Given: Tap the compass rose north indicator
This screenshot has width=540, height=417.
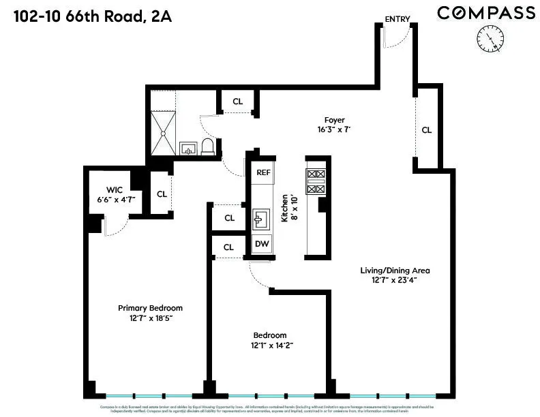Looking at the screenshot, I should (490, 38).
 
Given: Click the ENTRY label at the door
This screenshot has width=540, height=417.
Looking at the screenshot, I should (397, 19).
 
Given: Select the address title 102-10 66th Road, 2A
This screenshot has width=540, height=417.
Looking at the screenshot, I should (91, 16).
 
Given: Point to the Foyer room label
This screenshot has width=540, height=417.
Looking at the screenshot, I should (334, 121).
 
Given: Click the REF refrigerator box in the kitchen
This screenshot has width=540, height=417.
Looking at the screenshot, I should (263, 172).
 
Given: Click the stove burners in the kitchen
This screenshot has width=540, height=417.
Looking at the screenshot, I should (316, 181).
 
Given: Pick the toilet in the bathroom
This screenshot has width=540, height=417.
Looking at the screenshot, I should (208, 146).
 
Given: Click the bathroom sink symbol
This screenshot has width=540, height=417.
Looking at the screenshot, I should (187, 148).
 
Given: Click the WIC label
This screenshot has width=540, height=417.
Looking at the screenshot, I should (114, 189).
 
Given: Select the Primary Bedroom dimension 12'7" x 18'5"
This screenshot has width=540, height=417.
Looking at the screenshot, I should (150, 318).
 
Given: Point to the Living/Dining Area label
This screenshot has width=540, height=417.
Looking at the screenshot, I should (395, 271).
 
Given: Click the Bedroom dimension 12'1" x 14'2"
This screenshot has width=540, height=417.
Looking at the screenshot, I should (270, 345).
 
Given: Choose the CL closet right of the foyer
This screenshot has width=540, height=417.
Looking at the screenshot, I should (427, 129).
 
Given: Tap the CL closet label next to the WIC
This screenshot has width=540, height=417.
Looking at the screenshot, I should (162, 194).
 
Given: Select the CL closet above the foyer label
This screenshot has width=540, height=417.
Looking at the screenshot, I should (237, 102).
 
